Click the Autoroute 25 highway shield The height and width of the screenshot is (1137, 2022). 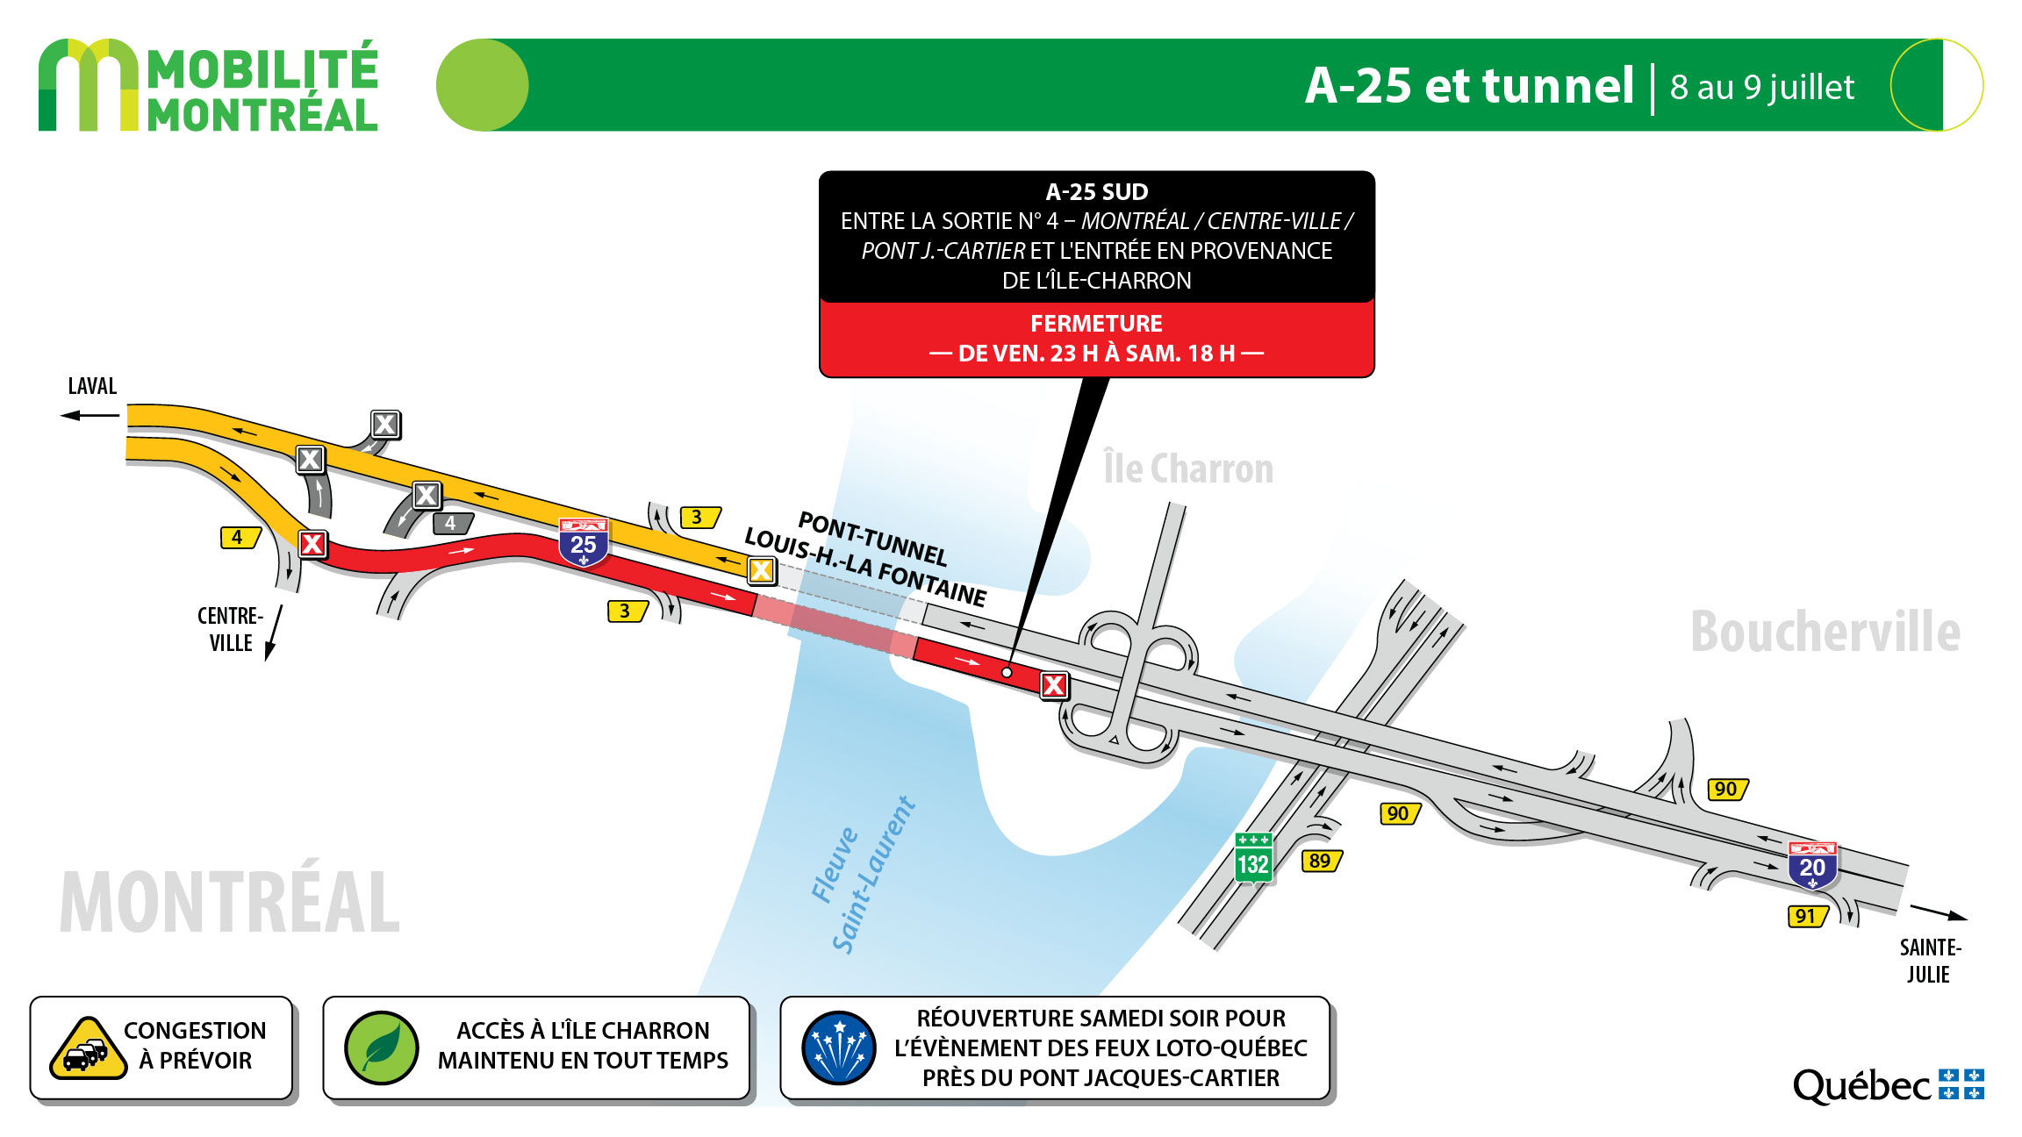tap(584, 542)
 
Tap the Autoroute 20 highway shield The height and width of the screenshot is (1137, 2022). tap(1812, 865)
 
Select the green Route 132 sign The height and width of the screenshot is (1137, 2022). tap(1252, 857)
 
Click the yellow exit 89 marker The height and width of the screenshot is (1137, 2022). tap(1321, 861)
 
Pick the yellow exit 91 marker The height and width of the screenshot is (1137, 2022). tap(1808, 916)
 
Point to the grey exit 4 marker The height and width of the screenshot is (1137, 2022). tap(453, 524)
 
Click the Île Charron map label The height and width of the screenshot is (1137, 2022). tap(1188, 468)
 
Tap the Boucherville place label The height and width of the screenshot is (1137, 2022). tap(1825, 632)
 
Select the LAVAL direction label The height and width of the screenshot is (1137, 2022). tap(92, 386)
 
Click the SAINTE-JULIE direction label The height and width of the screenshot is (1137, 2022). tap(1930, 961)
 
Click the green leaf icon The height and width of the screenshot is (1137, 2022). tap(382, 1048)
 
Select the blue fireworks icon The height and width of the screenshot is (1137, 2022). tap(839, 1048)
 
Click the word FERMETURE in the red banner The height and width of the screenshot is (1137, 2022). tap(1096, 324)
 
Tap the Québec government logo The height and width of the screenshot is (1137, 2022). tap(1888, 1085)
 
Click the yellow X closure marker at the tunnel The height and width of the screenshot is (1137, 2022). tap(761, 570)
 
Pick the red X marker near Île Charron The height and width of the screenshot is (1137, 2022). tap(1054, 684)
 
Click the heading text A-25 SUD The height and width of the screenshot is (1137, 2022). tap(1096, 192)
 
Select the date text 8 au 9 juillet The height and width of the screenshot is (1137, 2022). tap(1762, 87)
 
